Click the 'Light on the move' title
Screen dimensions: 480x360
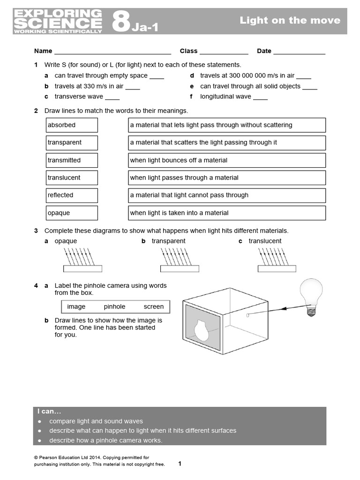[x=290, y=21]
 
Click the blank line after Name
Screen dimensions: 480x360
[x=112, y=52]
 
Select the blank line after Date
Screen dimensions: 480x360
[x=299, y=52]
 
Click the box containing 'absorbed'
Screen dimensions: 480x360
[x=72, y=125]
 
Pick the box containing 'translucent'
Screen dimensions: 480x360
[x=72, y=178]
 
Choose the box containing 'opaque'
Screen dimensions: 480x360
[x=72, y=213]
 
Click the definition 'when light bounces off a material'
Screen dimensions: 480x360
[x=227, y=160]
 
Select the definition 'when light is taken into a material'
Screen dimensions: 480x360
[x=227, y=213]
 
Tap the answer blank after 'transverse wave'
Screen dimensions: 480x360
[x=112, y=97]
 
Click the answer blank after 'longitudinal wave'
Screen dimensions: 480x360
[x=260, y=97]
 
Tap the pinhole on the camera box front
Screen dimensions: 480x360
[x=246, y=315]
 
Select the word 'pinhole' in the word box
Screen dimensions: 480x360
[x=114, y=307]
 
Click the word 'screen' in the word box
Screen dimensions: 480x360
[x=154, y=307]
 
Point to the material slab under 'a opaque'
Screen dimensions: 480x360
[x=82, y=269]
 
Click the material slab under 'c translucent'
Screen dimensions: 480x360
[x=277, y=269]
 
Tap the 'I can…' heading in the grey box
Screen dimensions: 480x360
[x=50, y=411]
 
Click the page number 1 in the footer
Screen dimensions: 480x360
[x=180, y=464]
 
